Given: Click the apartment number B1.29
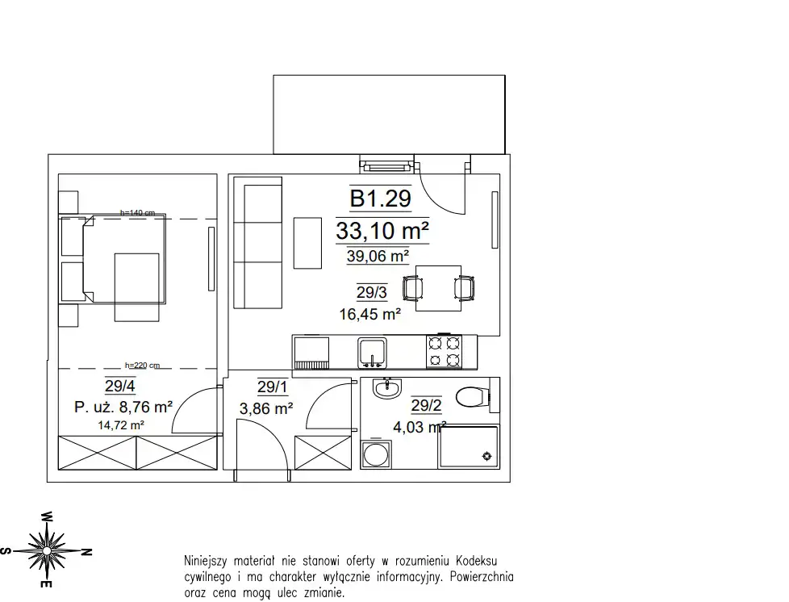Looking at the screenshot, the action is click(381, 199).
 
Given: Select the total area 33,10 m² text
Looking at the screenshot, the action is click(382, 231).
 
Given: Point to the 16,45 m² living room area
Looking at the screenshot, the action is click(369, 315).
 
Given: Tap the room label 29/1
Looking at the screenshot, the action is click(273, 387).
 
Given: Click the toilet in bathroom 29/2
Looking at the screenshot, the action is click(472, 397).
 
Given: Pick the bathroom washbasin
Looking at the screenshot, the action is click(387, 388).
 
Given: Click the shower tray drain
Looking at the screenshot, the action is click(486, 456).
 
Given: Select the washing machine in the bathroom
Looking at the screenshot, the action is click(376, 454).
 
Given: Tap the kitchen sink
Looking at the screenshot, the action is click(373, 352).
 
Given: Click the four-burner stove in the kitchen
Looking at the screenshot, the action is click(445, 351).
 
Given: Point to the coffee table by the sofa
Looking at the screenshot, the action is click(307, 243).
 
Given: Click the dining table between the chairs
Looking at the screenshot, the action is click(438, 288).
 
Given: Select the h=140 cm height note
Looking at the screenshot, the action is click(137, 213).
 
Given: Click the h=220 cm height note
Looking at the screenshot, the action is click(143, 366).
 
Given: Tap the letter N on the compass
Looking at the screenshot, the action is click(86, 552).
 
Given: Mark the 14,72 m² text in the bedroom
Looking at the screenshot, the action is click(121, 425).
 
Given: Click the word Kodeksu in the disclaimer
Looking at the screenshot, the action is click(477, 561).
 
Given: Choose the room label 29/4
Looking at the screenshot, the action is click(120, 386).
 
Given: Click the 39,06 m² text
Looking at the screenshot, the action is click(378, 256).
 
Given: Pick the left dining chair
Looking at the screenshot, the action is click(412, 289).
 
